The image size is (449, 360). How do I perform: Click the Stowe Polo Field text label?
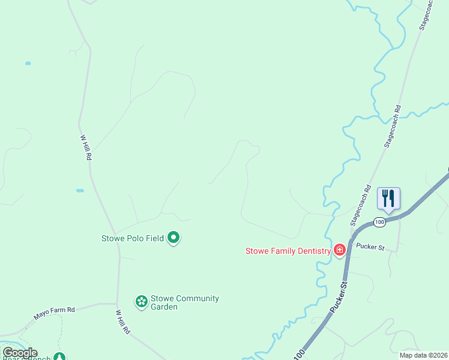coord(133,238)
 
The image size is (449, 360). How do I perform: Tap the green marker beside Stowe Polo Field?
coord(173,238)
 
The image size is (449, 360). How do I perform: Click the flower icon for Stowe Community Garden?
coord(141,302)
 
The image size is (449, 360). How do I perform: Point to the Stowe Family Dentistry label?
coord(288,251)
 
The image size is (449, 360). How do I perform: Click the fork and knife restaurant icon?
coord(388,197)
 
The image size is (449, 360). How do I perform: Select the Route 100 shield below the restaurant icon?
coord(379,223)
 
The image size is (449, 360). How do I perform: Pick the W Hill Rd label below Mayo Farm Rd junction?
coord(122,322)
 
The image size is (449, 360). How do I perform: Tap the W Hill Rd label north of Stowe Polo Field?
coord(86,147)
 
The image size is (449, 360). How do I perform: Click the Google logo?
coord(19,353)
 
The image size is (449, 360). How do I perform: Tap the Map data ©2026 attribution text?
coord(423,355)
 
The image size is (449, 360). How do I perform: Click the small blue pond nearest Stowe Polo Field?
coord(80,191)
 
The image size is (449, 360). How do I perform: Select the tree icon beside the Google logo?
coord(59,357)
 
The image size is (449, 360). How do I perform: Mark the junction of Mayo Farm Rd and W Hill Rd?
coord(116,304)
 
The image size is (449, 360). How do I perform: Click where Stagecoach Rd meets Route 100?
coord(352,229)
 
